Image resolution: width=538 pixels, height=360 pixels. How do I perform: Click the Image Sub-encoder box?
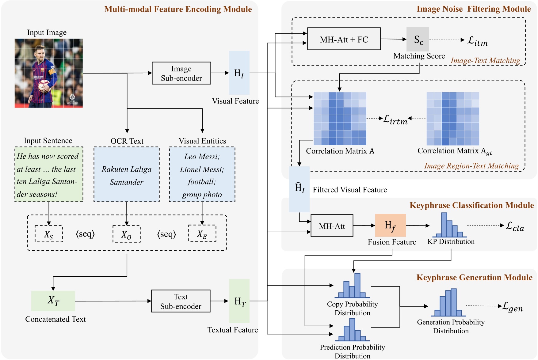tap(181, 73)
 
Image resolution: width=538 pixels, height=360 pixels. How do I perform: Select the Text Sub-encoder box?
tap(181, 301)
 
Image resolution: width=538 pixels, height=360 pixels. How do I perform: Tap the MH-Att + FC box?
tap(344, 39)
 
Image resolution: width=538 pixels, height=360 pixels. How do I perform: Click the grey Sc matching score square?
tap(418, 39)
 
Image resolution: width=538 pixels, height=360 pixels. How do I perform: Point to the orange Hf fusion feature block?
tap(390, 225)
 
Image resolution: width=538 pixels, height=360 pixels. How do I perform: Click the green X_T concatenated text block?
tap(53, 301)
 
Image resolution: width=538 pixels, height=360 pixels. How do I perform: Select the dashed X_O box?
tap(126, 234)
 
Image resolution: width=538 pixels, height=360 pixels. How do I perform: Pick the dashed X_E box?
tap(202, 234)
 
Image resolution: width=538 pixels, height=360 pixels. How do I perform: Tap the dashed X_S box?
tap(49, 234)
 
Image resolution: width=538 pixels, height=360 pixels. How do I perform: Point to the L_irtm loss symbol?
tap(395, 119)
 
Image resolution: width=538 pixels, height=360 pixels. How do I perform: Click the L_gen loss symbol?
tap(512, 307)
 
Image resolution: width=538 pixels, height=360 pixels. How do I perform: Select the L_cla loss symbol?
tap(515, 226)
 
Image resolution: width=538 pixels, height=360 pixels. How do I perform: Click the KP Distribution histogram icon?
tap(449, 226)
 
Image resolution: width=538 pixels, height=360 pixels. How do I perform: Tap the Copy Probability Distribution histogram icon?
tap(352, 286)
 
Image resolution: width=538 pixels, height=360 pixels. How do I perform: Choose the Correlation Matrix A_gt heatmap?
tap(452, 119)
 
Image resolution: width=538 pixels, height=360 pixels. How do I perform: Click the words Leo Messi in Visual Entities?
tap(202, 157)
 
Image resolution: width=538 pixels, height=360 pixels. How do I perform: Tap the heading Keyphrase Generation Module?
tap(474, 278)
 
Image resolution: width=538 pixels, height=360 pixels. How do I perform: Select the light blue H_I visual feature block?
tap(239, 73)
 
